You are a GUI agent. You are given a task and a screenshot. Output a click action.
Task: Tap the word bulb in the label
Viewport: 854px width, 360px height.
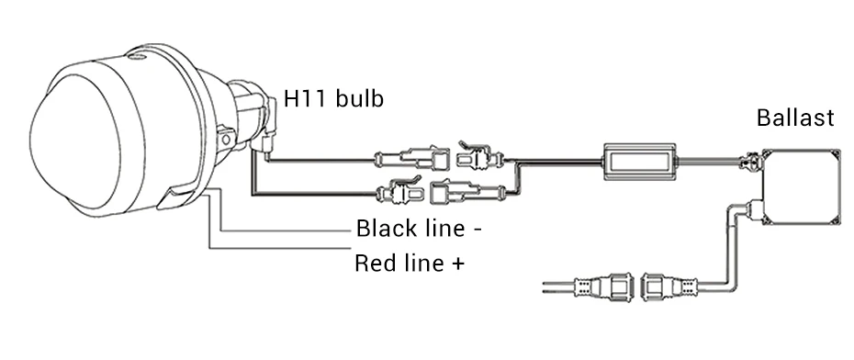coord(359,98)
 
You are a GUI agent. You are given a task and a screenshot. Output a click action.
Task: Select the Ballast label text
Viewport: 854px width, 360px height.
coord(795,118)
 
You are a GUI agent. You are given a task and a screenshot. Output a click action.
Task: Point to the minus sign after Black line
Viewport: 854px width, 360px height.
coord(478,231)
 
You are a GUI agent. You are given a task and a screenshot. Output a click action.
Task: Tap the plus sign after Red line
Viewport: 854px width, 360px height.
coord(458,264)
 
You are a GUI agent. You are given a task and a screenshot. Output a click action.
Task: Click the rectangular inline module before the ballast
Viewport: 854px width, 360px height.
coord(639,162)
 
